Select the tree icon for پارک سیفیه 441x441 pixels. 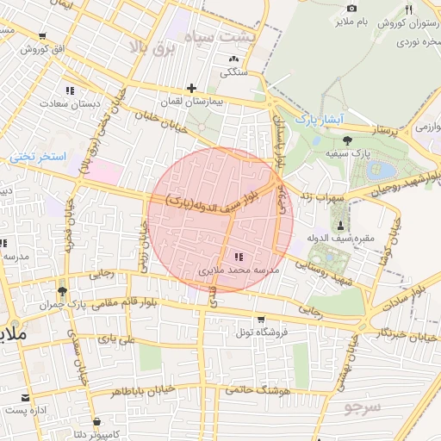click(347, 140)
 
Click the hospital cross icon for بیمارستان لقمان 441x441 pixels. click(190, 88)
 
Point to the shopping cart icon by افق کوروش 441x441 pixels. click(42, 36)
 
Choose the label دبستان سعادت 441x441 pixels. click(70, 103)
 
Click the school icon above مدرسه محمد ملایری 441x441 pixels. click(239, 257)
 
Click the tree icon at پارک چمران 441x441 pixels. click(61, 291)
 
